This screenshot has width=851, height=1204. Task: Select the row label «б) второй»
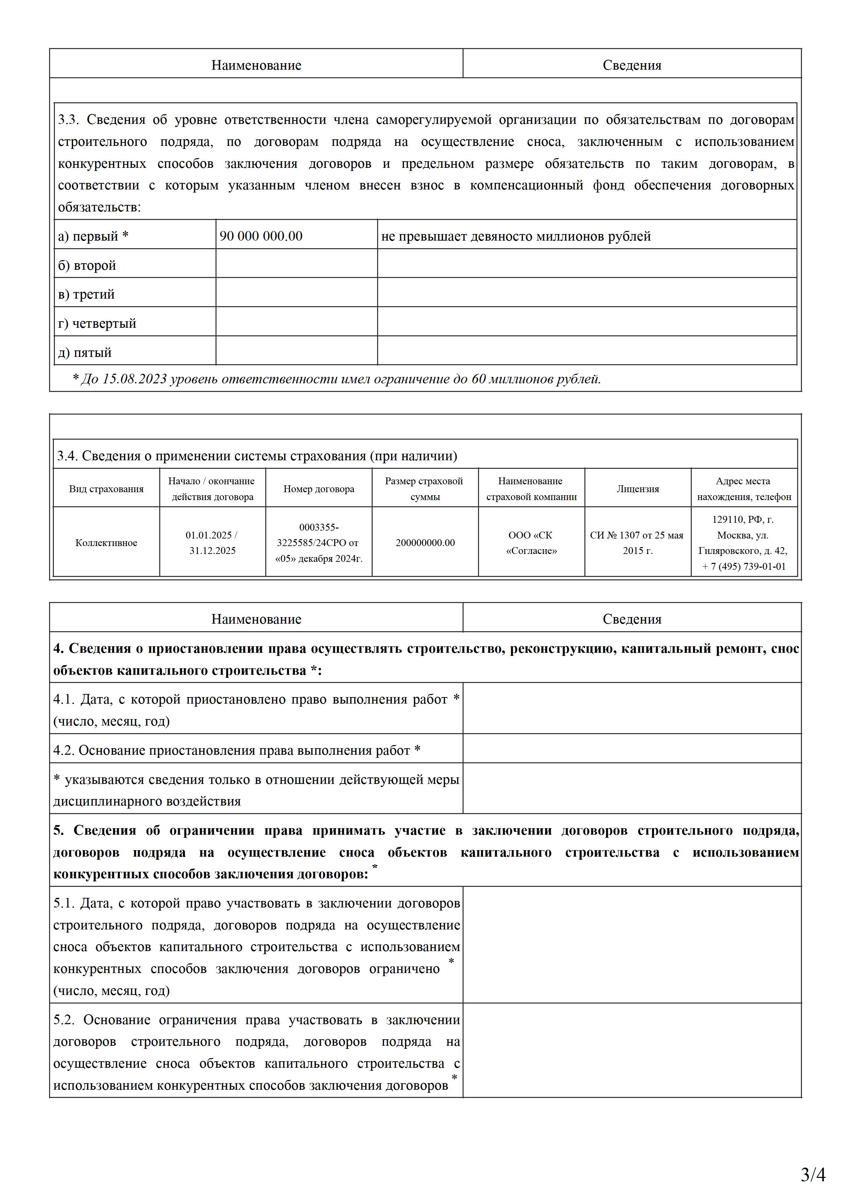click(x=87, y=265)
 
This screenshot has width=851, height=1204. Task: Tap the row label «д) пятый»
click(x=85, y=352)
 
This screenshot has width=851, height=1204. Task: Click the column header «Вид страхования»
click(x=106, y=489)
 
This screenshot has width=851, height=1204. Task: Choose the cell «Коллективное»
click(x=106, y=543)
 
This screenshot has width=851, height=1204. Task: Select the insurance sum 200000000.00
click(x=425, y=543)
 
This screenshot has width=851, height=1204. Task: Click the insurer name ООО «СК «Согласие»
click(x=531, y=543)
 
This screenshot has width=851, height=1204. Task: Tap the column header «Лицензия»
click(x=638, y=489)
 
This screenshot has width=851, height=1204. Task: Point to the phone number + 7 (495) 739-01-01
click(x=744, y=566)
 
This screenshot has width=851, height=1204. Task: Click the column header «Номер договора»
click(x=319, y=489)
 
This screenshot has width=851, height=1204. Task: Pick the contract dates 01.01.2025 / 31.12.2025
click(x=212, y=543)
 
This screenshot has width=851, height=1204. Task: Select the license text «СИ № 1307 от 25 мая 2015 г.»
click(x=637, y=543)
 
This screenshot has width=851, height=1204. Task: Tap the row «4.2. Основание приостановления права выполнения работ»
click(x=236, y=750)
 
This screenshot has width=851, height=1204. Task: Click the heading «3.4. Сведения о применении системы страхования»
click(x=257, y=456)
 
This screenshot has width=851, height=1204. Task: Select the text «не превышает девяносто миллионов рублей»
click(x=516, y=236)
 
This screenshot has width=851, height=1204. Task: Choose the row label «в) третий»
click(x=86, y=294)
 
